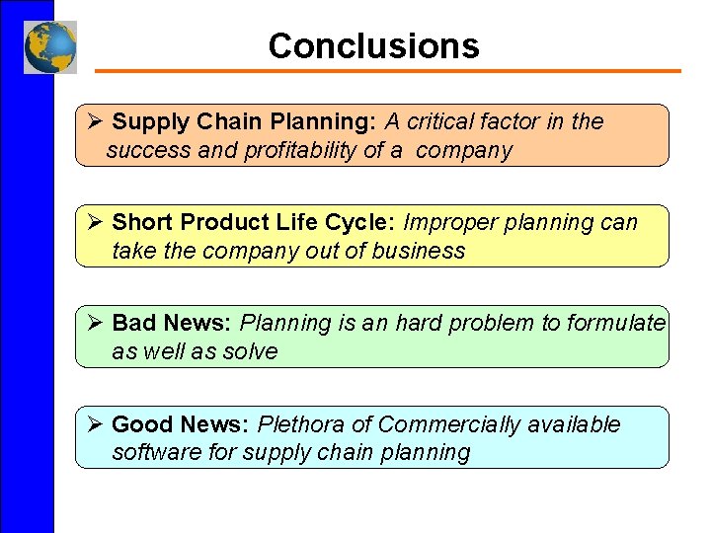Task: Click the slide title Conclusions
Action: click(x=373, y=46)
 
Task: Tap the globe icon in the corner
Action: click(x=50, y=47)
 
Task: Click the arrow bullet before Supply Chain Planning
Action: click(x=95, y=122)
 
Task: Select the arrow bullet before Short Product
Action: click(x=95, y=223)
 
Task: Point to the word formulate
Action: click(x=616, y=324)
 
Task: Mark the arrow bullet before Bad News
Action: click(x=95, y=324)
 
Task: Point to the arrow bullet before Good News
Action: click(x=95, y=424)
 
